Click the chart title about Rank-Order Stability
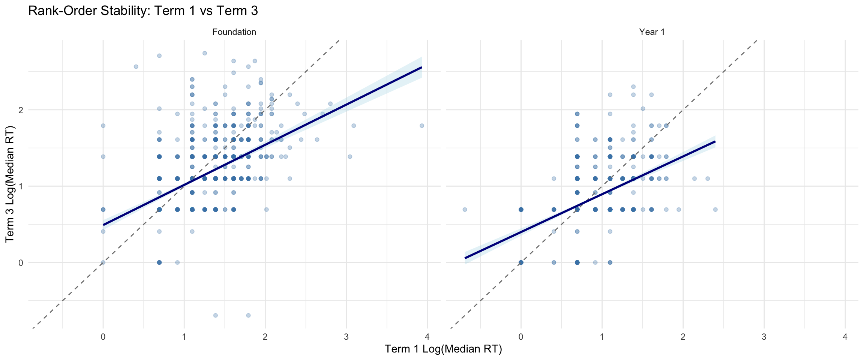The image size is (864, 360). (143, 11)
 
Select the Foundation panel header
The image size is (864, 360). (234, 32)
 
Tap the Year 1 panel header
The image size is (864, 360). (652, 32)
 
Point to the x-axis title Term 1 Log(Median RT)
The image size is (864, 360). (443, 349)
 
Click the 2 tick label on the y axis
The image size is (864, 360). (21, 110)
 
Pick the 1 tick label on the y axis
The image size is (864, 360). (21, 186)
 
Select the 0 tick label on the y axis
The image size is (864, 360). (21, 262)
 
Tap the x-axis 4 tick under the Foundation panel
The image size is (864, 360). (427, 337)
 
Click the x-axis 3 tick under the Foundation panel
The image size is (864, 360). (346, 337)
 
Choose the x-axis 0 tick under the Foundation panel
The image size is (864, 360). (103, 337)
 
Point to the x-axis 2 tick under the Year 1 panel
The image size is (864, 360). (683, 337)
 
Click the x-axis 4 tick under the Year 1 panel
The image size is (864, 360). (845, 337)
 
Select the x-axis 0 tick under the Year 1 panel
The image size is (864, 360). (521, 337)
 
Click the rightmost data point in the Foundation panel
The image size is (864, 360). (421, 126)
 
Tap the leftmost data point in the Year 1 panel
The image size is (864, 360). (465, 209)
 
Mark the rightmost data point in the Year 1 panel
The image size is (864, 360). (715, 209)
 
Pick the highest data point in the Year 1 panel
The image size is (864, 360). (633, 87)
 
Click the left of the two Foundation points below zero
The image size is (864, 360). (215, 315)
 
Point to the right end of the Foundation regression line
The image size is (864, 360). (421, 67)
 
